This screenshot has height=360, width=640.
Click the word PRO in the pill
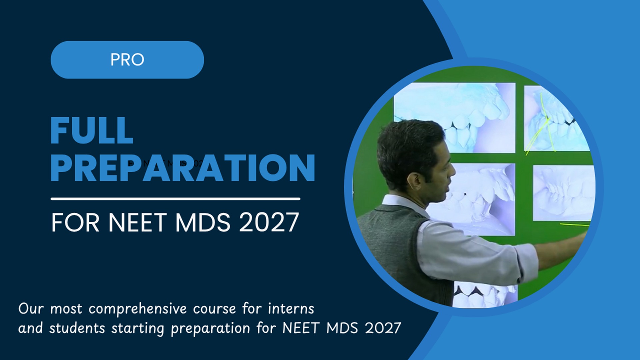pyautogui.click(x=127, y=60)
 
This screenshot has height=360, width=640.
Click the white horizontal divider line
pyautogui.click(x=175, y=199)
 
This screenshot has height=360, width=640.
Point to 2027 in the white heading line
pyautogui.click(x=269, y=223)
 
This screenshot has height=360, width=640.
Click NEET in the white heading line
pyautogui.click(x=137, y=223)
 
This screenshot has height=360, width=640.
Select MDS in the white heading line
pyautogui.click(x=203, y=223)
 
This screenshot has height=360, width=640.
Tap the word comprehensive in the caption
pyautogui.click(x=137, y=309)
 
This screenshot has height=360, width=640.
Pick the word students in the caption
pyautogui.click(x=77, y=328)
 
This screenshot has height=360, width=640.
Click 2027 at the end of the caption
pyautogui.click(x=383, y=328)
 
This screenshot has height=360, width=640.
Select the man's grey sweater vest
pyautogui.click(x=393, y=247)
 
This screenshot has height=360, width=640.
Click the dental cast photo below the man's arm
pyautogui.click(x=483, y=295)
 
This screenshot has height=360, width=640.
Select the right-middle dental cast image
pyautogui.click(x=563, y=193)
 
